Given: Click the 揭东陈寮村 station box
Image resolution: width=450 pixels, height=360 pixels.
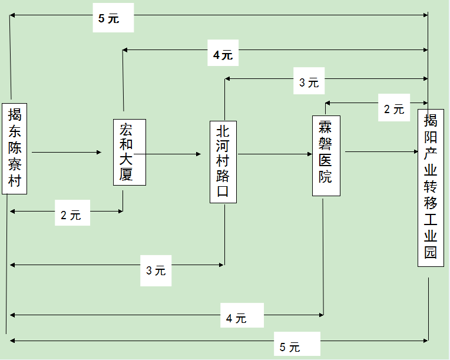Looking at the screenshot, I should (15, 148).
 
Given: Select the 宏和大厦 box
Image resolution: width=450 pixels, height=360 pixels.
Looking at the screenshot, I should (129, 152).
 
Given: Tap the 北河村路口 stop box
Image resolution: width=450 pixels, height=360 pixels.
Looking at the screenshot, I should (223, 162).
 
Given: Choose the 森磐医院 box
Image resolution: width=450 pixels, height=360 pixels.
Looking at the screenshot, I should (326, 155).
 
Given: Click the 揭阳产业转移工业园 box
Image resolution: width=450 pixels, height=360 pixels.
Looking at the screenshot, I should (431, 187).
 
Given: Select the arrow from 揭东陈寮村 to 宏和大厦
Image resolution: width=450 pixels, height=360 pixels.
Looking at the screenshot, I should (67, 153).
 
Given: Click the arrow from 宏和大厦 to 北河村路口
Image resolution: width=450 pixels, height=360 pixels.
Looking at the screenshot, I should (174, 154).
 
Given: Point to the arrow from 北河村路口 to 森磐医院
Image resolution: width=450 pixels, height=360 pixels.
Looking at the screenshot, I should (274, 155).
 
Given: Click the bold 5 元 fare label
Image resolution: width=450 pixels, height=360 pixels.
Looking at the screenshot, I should (109, 18).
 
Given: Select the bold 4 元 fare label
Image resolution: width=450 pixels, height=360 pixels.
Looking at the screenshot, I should (223, 55).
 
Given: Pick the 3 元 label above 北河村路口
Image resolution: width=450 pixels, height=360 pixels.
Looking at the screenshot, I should (309, 83).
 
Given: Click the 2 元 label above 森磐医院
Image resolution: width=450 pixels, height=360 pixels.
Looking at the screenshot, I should (394, 109).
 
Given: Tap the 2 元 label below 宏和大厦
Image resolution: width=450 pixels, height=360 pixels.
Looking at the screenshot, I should (71, 215).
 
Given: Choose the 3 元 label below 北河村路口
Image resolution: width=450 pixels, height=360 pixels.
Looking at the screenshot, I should (156, 270).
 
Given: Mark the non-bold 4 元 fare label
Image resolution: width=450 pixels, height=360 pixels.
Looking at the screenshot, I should (236, 319).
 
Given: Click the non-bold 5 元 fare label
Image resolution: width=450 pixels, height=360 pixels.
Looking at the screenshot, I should (290, 347).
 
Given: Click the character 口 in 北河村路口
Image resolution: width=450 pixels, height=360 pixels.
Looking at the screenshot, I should (223, 193).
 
